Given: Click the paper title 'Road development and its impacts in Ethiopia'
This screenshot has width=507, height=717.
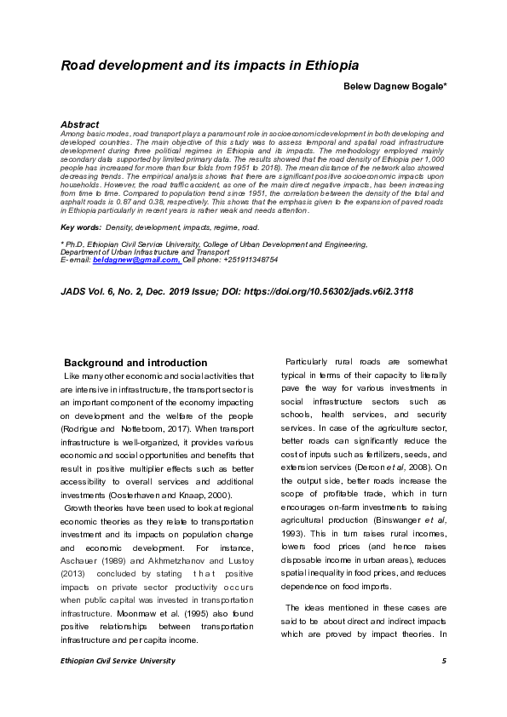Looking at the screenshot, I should [210, 65].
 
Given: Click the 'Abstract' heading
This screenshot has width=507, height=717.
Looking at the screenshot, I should [80, 124].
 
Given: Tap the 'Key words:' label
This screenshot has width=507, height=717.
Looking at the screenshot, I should [78, 227].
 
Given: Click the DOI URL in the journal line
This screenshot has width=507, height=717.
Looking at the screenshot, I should [331, 291].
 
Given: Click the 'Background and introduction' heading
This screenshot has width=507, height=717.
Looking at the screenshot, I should [135, 363].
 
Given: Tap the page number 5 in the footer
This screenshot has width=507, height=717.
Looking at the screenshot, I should [444, 661].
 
